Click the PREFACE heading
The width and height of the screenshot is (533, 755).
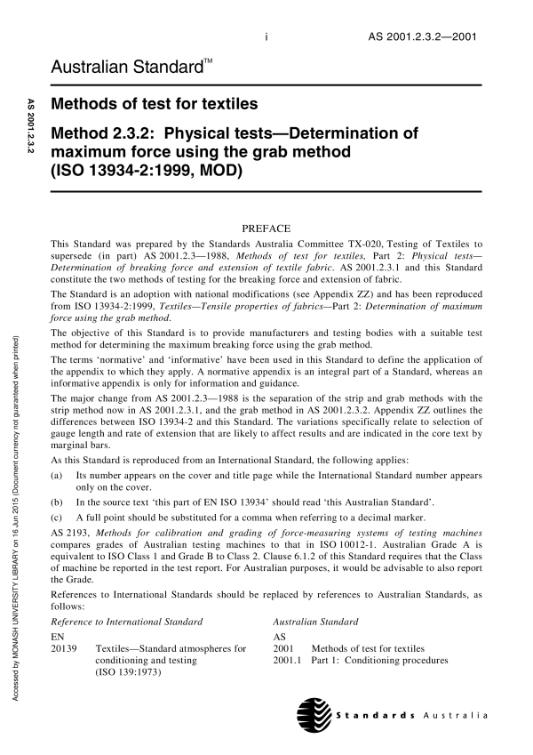tap(266, 228)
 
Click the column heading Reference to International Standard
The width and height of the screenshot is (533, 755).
tap(128, 621)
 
